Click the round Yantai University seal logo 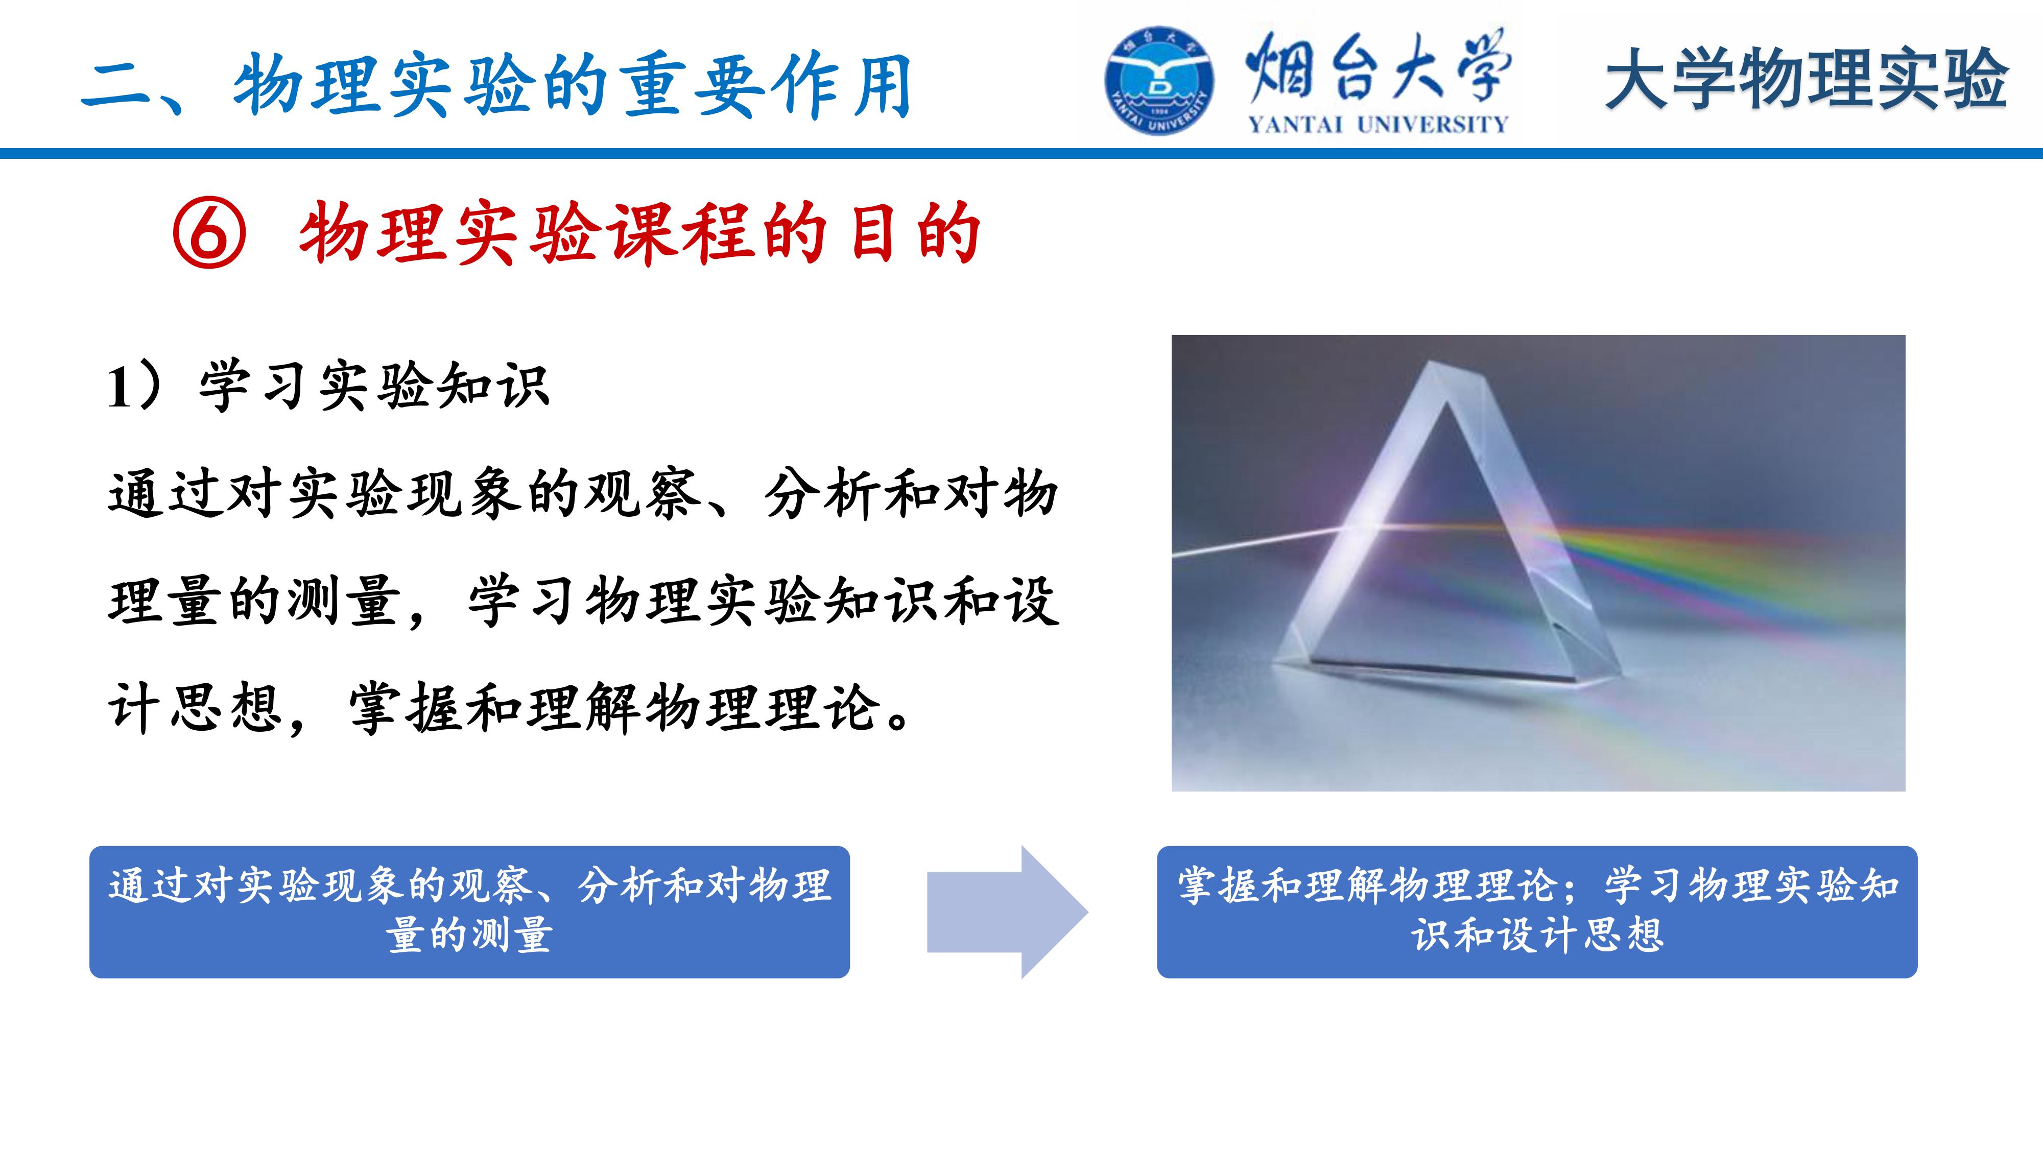click(x=1159, y=81)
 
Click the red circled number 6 click(x=209, y=233)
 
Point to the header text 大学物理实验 click(x=1807, y=79)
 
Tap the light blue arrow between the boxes click(x=1007, y=912)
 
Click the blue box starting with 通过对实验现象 click(x=469, y=912)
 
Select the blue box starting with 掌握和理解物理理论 click(x=1537, y=912)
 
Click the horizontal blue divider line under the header click(x=1022, y=153)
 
